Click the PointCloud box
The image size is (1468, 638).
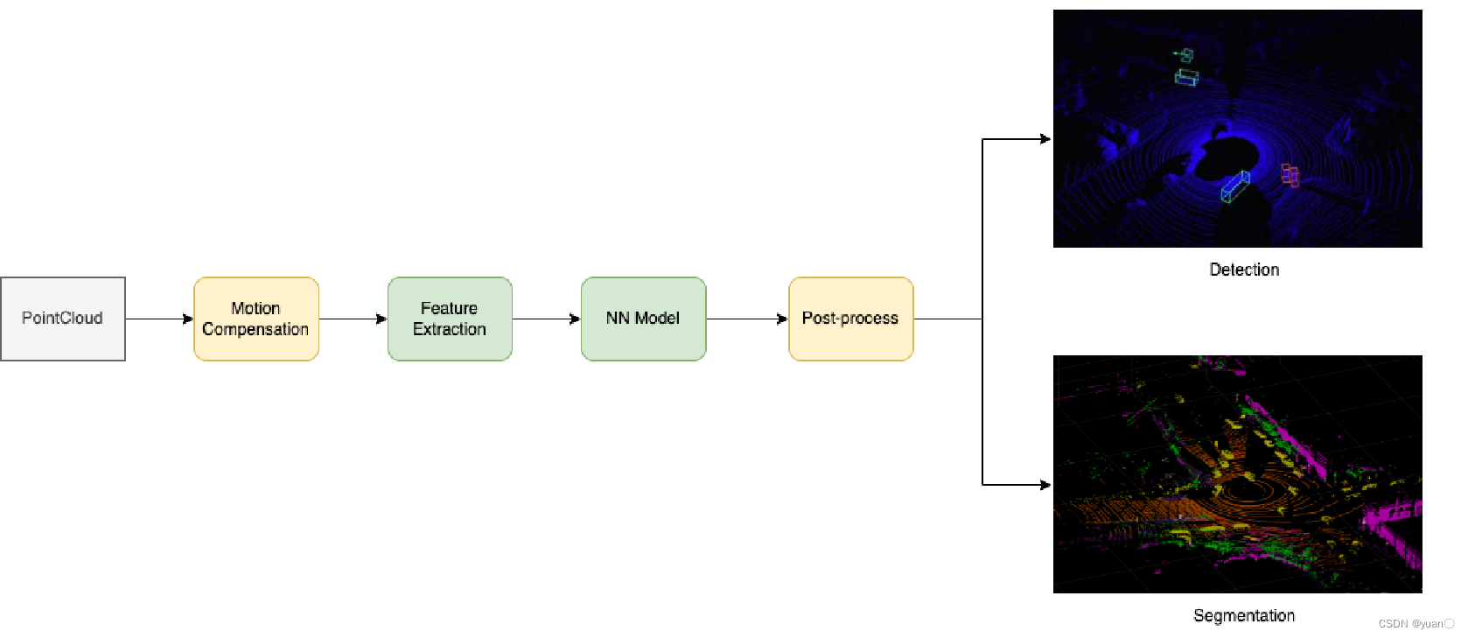[63, 319]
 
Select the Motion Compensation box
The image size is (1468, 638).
[256, 319]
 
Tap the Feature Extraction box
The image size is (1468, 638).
[450, 319]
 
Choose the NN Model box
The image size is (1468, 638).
[643, 319]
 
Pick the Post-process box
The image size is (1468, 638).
[850, 319]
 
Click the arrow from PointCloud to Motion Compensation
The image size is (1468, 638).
[159, 319]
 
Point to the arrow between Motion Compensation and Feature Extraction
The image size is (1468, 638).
[353, 319]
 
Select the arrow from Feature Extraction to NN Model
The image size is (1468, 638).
[546, 319]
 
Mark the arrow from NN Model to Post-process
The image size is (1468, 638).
[747, 319]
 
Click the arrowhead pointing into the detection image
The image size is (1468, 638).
[1045, 139]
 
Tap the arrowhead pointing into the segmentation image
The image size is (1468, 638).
[1045, 485]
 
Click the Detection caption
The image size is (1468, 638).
[1244, 270]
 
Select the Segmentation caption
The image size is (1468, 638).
[1244, 615]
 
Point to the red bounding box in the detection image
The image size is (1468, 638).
[1290, 175]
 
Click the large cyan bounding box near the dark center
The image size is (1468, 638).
[1234, 187]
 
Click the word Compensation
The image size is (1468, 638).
[255, 330]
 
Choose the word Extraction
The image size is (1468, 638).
[450, 330]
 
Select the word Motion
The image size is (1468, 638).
[255, 308]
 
